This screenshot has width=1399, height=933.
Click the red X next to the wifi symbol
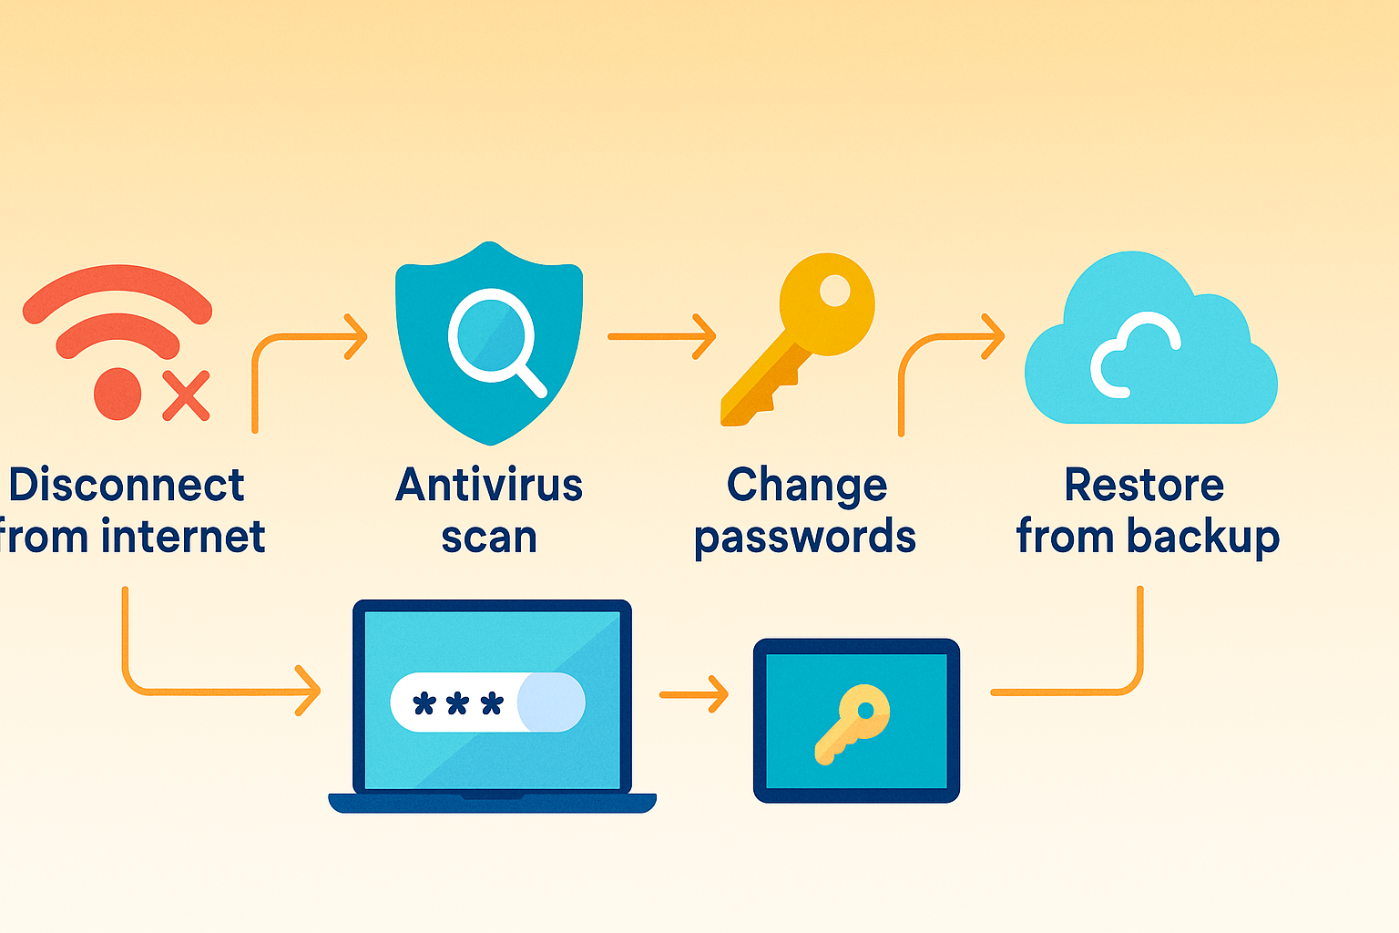pos(186,395)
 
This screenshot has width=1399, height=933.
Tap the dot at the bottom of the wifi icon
pos(117,394)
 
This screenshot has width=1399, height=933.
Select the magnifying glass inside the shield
pos(495,341)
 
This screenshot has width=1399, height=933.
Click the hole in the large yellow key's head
pos(835,291)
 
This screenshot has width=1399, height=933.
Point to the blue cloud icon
pos(1151,338)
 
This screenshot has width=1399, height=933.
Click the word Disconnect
pos(127,485)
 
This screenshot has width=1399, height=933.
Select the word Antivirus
pos(489,485)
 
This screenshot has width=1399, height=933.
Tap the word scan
pos(489,538)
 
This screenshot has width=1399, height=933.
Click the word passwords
pos(805,538)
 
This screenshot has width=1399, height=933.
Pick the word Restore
pos(1144,485)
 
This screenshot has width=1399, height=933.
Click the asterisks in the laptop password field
pos(458,703)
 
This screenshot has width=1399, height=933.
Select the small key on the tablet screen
pos(853,723)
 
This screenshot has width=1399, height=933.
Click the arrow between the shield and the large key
pos(662,337)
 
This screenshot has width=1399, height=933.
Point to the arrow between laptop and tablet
pos(694,694)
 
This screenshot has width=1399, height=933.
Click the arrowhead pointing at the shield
pos(356,337)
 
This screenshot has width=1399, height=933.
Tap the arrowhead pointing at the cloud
pos(993,337)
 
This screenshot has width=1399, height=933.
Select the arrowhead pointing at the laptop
pos(309,692)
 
